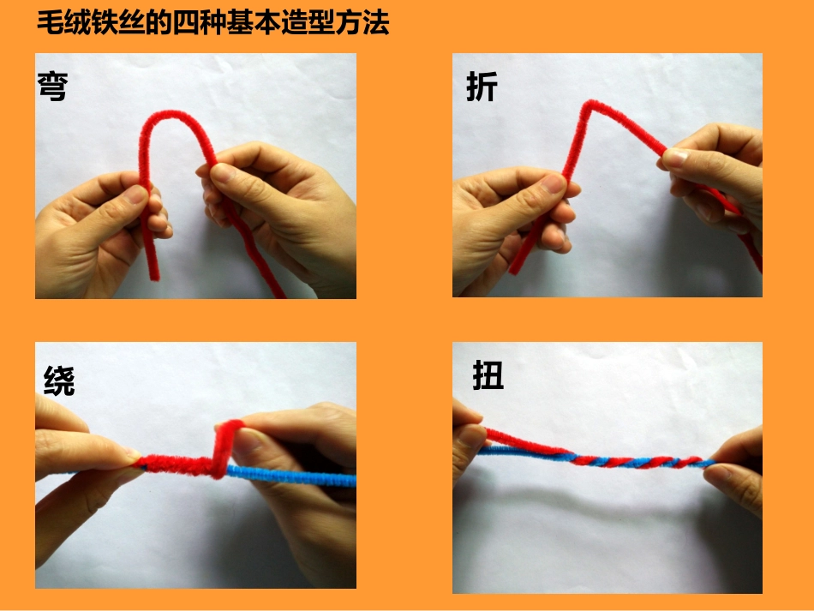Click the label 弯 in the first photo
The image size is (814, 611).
click(x=53, y=87)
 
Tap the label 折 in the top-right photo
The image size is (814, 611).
click(x=482, y=87)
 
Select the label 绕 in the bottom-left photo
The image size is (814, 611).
click(x=59, y=380)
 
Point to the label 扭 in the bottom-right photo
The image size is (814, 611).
click(x=488, y=375)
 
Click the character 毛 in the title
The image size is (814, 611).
click(x=51, y=23)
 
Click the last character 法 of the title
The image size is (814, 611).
click(x=376, y=23)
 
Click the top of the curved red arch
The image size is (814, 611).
click(x=171, y=114)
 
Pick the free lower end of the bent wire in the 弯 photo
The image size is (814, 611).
click(x=155, y=276)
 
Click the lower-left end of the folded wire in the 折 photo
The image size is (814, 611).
click(x=514, y=270)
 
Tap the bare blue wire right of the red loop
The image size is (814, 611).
click(x=291, y=475)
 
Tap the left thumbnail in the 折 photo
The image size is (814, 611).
click(x=553, y=183)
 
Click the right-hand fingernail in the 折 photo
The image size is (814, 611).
click(x=673, y=156)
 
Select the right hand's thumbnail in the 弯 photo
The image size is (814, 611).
click(x=222, y=172)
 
